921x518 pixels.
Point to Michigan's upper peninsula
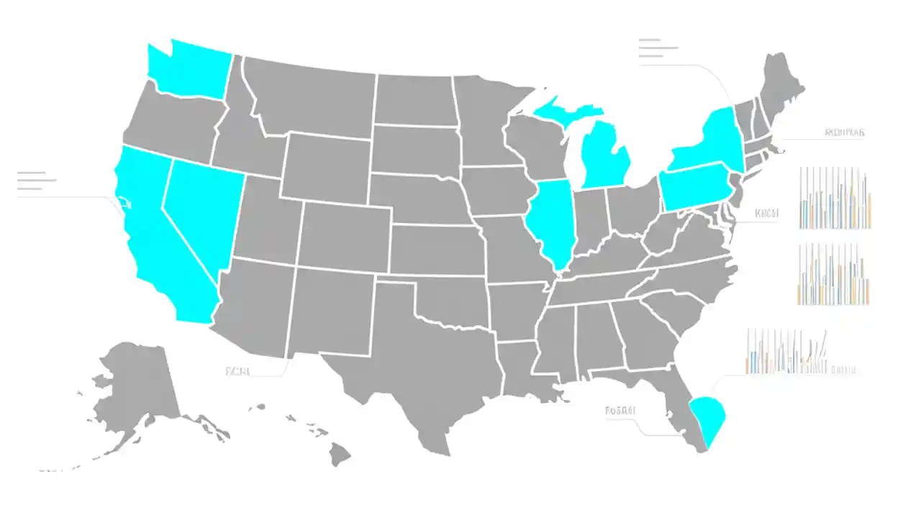tap(565, 112)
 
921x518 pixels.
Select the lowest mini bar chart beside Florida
tap(788, 353)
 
